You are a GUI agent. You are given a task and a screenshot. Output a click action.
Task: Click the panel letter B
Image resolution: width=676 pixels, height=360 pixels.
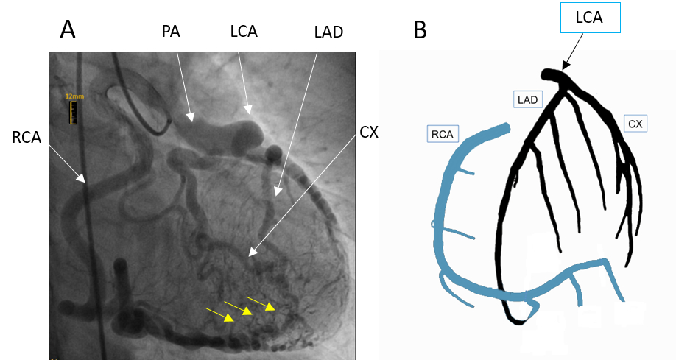420,29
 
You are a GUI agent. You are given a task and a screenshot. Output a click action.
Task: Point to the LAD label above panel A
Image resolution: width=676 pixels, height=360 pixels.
328,32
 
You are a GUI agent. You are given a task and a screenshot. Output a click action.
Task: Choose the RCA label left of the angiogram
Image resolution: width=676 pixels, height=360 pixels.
27,136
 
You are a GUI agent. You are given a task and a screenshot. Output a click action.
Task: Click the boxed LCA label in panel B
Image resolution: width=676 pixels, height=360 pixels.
588,18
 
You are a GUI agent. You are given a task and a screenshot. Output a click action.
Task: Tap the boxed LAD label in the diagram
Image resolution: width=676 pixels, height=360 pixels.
528,99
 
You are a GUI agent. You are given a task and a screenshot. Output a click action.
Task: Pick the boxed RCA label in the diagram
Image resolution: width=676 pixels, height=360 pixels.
443,133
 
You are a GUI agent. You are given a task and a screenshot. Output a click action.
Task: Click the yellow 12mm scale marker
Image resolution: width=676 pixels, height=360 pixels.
74,110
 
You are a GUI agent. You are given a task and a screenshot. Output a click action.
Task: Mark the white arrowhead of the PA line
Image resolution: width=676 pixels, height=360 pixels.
191,116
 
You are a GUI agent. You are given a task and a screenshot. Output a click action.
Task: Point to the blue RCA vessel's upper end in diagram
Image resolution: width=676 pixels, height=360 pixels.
505,130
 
